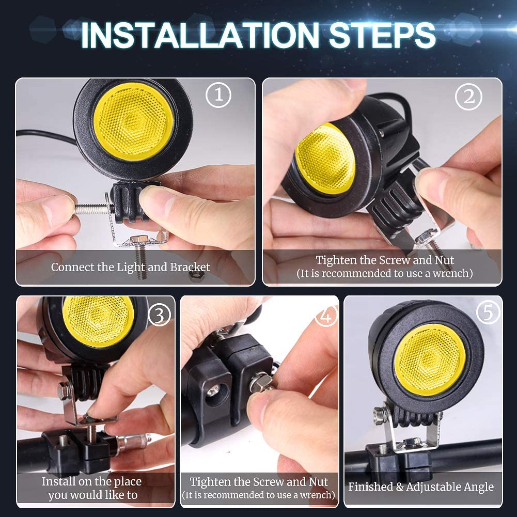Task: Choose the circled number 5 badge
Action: pyautogui.click(x=488, y=311)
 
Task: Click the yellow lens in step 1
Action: pyautogui.click(x=133, y=121)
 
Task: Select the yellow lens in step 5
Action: pyautogui.click(x=430, y=359)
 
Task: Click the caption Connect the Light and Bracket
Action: pyautogui.click(x=131, y=268)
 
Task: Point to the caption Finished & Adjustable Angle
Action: pyautogui.click(x=421, y=487)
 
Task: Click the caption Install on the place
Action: pyautogui.click(x=91, y=481)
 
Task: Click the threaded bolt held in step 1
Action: pyautogui.click(x=93, y=208)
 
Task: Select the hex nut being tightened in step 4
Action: pyautogui.click(x=262, y=383)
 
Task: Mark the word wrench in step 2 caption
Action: pyautogui.click(x=452, y=273)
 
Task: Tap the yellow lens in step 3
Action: pyautogui.click(x=98, y=321)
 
